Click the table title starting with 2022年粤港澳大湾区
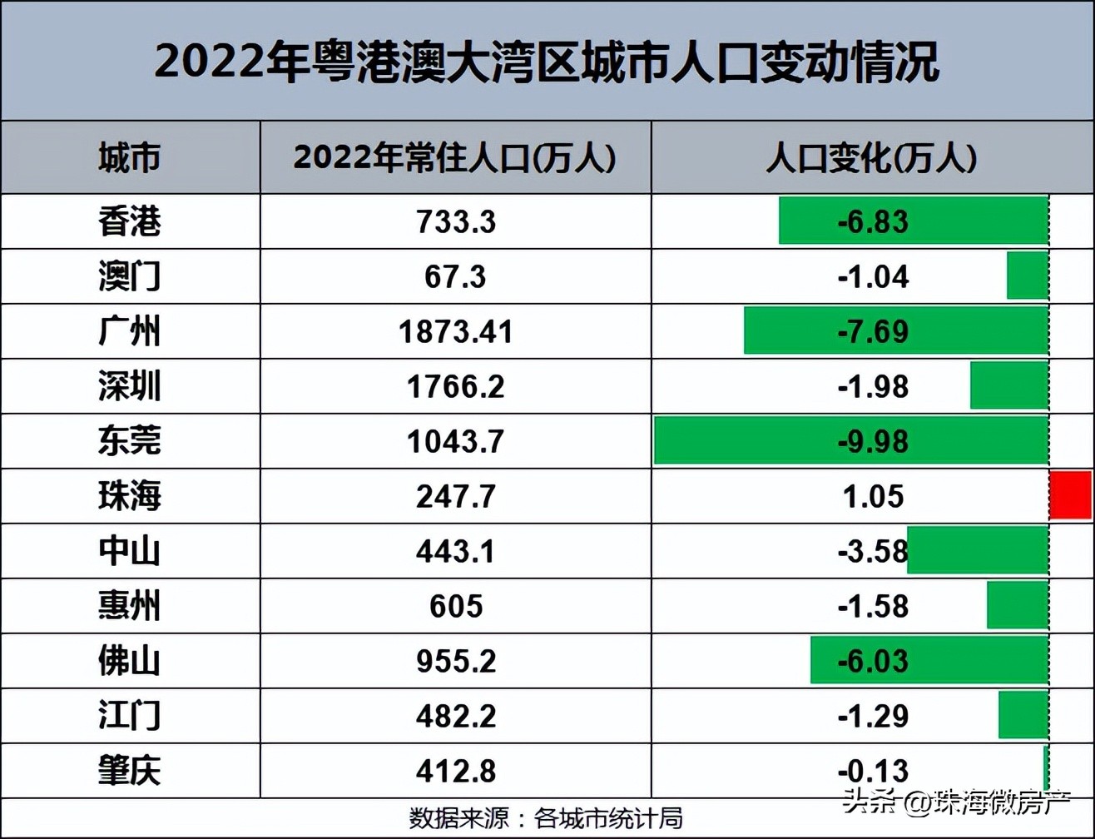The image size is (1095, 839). click(x=547, y=62)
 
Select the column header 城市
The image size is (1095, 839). click(x=129, y=157)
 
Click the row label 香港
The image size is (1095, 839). click(x=129, y=221)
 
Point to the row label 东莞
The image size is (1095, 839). click(x=129, y=440)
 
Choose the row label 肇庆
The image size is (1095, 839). click(x=129, y=770)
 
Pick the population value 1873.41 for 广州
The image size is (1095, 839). click(x=455, y=331)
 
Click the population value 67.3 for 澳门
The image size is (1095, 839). click(x=455, y=276)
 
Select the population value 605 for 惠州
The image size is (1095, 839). click(x=455, y=605)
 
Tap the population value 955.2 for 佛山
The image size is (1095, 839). click(x=455, y=661)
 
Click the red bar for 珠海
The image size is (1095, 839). click(x=1070, y=495)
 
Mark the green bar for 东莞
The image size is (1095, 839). click(x=850, y=440)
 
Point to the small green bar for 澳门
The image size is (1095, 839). click(x=1028, y=276)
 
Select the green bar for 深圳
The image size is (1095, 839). click(x=1009, y=386)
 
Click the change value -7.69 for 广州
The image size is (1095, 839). click(x=872, y=331)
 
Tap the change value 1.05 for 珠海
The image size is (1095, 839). click(x=872, y=496)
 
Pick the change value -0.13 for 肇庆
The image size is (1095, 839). click(x=872, y=770)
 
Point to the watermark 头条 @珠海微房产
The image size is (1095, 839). click(x=957, y=803)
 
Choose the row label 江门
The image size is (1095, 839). click(x=129, y=715)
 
